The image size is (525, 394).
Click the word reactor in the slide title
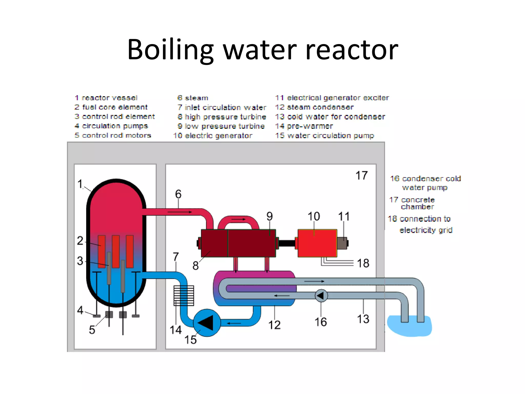tap(352, 50)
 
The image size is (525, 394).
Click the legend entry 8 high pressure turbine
tap(222, 117)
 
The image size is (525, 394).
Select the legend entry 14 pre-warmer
tap(304, 126)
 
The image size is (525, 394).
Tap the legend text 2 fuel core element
tap(111, 107)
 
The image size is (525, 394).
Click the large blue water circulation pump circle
tap(207, 323)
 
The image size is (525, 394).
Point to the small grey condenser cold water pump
tap(321, 296)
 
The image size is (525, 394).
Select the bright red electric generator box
tap(317, 243)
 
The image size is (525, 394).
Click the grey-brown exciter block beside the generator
tap(342, 243)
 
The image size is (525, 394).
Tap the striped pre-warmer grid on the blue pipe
tap(184, 295)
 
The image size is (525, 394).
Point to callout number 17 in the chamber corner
tap(361, 176)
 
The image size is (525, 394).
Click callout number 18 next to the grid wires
tap(363, 263)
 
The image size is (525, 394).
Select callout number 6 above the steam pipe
tap(178, 194)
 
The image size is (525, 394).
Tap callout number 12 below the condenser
tap(274, 325)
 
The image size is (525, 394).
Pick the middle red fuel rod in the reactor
tap(116, 251)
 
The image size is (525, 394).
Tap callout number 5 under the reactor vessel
tap(92, 330)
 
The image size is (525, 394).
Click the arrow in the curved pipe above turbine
tap(238, 219)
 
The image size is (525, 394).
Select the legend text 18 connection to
tap(419, 219)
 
